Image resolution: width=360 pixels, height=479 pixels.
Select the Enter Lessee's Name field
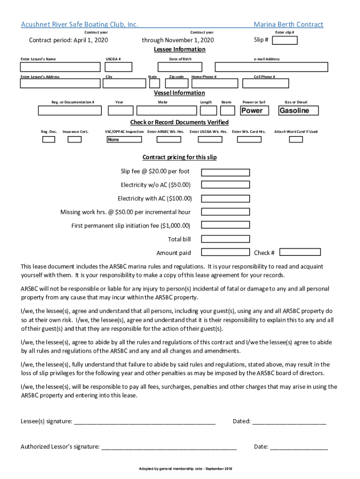pyautogui.click(x=60, y=67)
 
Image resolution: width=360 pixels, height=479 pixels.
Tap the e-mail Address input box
pyautogui.click(x=271, y=67)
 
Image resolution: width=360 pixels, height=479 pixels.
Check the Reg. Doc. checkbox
pyautogui.click(x=49, y=139)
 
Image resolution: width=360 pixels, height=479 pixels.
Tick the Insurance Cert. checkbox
pyautogui.click(x=75, y=139)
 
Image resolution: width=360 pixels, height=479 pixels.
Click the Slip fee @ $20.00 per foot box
pyautogui.click(x=225, y=172)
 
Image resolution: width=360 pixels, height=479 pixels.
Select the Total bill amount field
pyautogui.click(x=225, y=239)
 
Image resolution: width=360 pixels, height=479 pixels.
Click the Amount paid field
pyautogui.click(x=225, y=253)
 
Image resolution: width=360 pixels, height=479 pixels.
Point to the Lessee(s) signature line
pyautogui.click(x=144, y=421)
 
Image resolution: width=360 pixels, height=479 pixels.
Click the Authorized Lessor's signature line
pyautogui.click(x=169, y=447)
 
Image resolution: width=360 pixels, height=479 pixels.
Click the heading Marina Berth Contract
pyautogui.click(x=288, y=24)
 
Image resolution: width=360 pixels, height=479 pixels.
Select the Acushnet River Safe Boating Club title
pyautogui.click(x=79, y=24)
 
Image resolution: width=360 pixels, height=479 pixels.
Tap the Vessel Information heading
pyautogui.click(x=180, y=93)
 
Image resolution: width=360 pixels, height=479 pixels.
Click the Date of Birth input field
pyautogui.click(x=180, y=67)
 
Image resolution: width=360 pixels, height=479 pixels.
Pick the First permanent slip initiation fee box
pyautogui.click(x=225, y=225)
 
